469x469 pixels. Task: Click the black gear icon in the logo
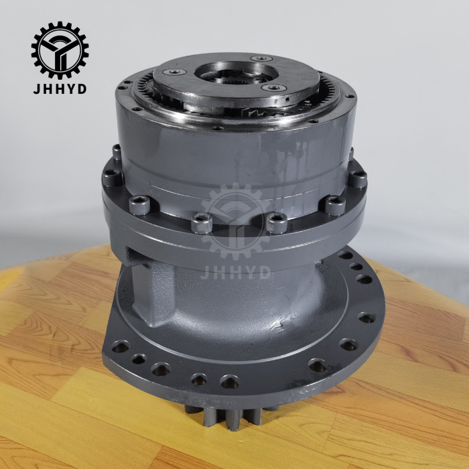(x=60, y=50)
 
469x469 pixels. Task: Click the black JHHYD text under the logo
(x=60, y=88)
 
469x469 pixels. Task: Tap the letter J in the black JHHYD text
(x=38, y=88)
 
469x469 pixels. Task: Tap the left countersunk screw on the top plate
(x=176, y=71)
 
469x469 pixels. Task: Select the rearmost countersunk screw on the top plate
(x=261, y=58)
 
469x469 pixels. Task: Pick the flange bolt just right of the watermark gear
(x=275, y=222)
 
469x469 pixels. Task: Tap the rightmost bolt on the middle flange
(x=358, y=179)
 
